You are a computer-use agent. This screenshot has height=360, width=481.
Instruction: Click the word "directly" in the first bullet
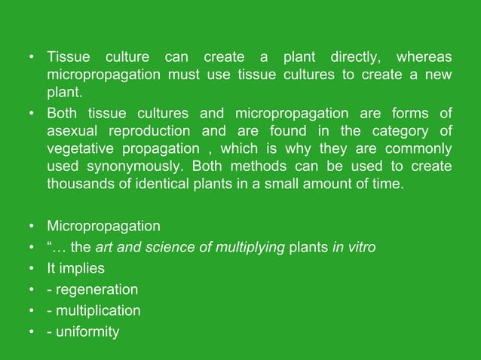356,57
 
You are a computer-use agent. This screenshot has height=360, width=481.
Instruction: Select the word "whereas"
424,57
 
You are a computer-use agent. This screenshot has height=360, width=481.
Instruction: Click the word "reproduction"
161,131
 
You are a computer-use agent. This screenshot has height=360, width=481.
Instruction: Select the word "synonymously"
142,165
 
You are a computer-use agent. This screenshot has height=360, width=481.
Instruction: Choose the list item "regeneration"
97,289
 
